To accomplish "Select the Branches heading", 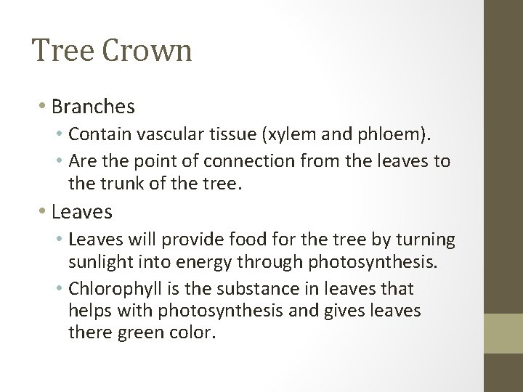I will [94, 107].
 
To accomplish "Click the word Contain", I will [94, 134].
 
